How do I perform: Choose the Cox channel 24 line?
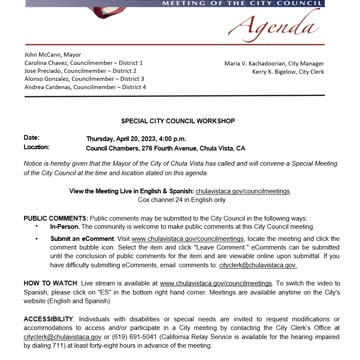(180, 198)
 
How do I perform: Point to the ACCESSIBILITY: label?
(51, 318)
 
